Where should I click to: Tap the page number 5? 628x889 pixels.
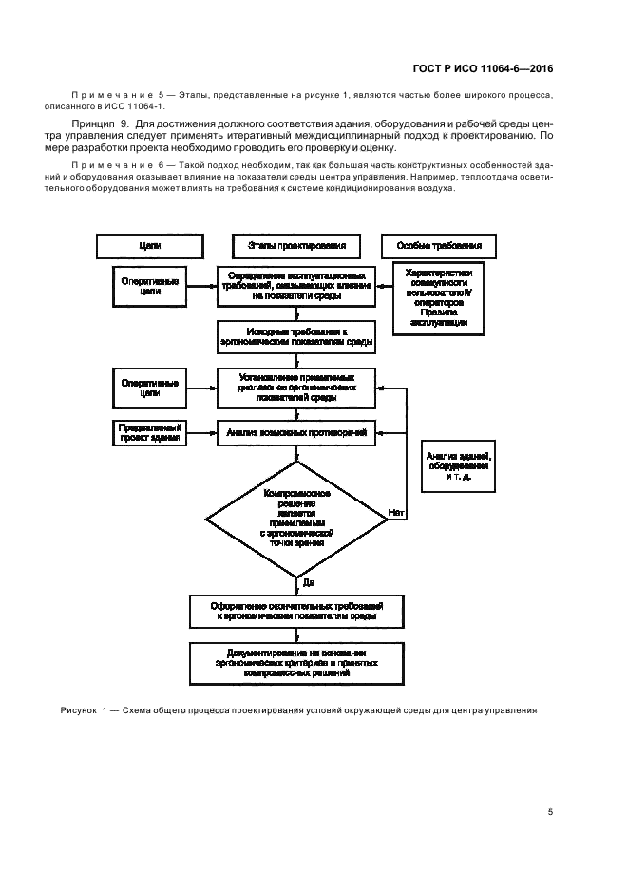coord(551,811)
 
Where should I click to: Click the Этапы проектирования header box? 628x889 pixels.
coord(297,246)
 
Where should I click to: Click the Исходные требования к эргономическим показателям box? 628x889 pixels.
coord(297,335)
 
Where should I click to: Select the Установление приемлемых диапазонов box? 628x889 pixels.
coord(297,388)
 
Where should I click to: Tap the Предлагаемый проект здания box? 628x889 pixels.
coord(149,432)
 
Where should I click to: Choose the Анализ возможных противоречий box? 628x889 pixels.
coord(297,432)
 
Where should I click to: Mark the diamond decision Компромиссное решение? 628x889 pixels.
coord(297,519)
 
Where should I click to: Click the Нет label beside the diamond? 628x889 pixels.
coord(395,513)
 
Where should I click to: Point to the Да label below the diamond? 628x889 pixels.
coord(310,581)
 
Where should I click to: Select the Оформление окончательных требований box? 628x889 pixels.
coord(297,611)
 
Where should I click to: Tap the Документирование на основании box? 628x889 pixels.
coord(297,662)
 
